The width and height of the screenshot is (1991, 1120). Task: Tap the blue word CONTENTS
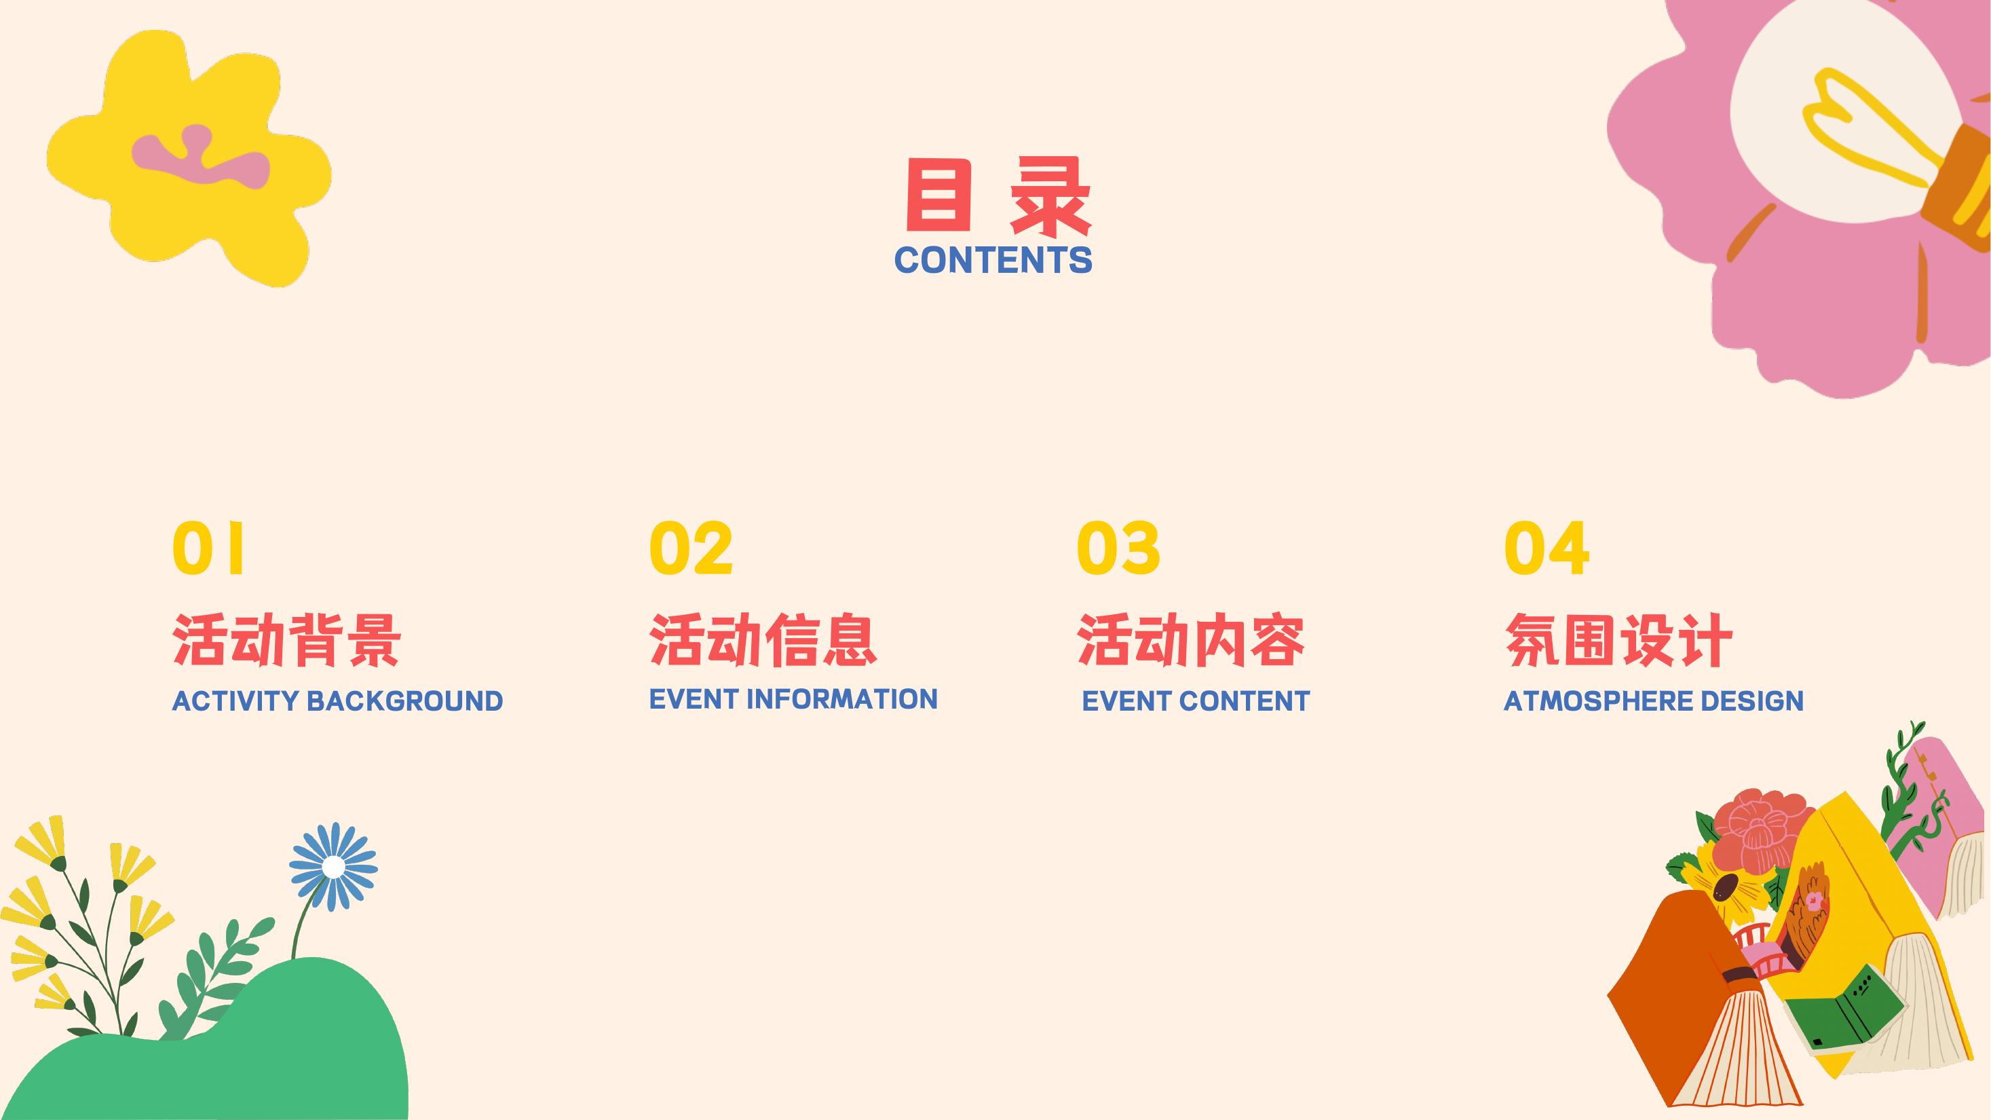click(x=993, y=261)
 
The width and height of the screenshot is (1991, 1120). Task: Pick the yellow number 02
click(x=691, y=548)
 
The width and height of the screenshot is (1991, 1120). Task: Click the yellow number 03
click(x=1118, y=548)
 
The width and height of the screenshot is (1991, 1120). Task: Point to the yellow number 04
click(x=1547, y=548)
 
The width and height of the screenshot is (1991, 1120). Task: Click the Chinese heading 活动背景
click(x=286, y=640)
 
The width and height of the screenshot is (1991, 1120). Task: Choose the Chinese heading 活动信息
click(x=763, y=640)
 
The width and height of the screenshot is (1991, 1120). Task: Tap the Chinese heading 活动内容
click(x=1191, y=640)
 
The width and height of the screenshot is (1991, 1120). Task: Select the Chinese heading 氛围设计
click(x=1618, y=640)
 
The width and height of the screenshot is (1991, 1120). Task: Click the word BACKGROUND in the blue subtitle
click(x=405, y=701)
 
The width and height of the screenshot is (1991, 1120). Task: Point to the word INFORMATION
click(x=841, y=698)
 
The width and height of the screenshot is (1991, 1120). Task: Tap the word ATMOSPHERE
click(x=1597, y=701)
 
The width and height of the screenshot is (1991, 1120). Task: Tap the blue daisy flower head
click(x=333, y=867)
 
